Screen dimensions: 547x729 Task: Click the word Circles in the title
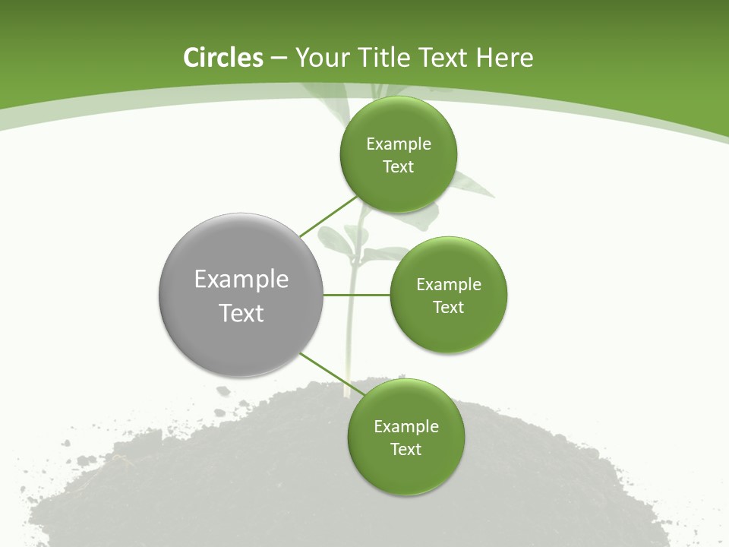pos(222,58)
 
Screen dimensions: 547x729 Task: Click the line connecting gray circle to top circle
pos(329,216)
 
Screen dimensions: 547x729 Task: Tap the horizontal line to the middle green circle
pos(356,295)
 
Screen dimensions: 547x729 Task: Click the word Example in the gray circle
pos(241,279)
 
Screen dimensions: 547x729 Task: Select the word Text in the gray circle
pos(241,313)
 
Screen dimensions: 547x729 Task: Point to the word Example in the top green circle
pos(399,144)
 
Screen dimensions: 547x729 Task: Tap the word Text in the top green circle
pos(398,166)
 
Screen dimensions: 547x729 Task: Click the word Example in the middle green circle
pos(449,284)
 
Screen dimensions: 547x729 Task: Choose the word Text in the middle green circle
pos(448,307)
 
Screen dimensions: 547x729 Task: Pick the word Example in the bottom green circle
pos(406,426)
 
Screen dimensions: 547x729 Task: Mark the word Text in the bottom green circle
pos(406,449)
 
